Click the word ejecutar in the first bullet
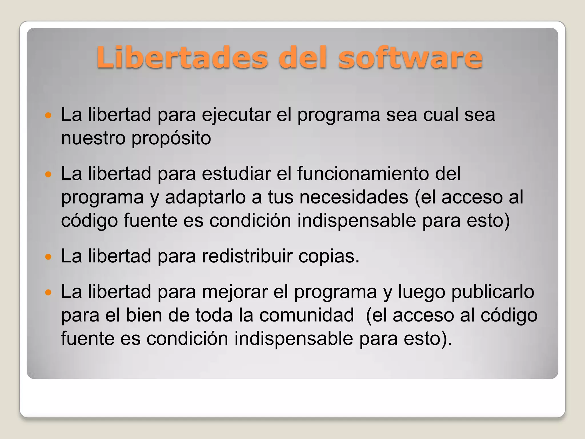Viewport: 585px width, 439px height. coord(236,115)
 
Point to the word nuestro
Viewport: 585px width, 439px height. coord(93,138)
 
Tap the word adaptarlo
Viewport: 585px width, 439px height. coord(205,198)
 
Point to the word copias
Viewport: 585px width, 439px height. coord(329,256)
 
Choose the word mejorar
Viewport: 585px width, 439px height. coord(235,292)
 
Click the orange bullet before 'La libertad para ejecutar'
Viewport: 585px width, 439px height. coord(48,115)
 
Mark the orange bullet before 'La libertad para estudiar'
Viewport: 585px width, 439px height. coord(48,174)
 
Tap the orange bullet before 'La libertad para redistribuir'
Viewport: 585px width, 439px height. coord(48,256)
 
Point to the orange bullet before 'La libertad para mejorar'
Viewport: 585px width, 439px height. coord(48,292)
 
